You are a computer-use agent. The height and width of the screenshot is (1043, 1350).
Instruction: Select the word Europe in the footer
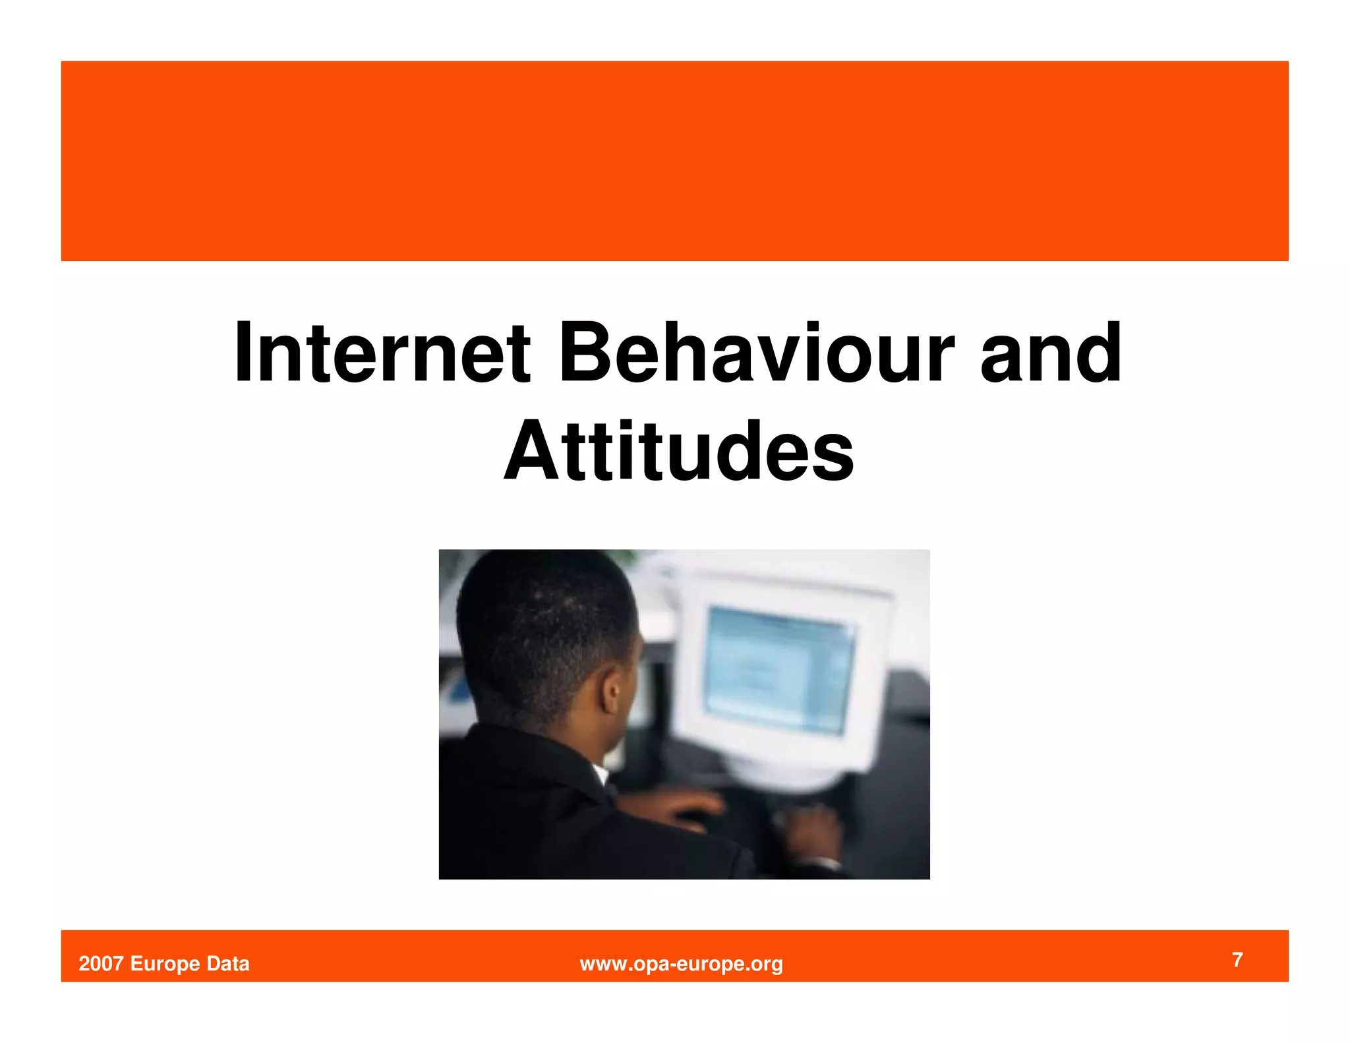coord(165,964)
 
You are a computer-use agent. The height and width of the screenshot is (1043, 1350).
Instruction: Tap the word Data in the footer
coord(228,964)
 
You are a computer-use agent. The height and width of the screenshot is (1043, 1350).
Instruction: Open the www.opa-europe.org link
coord(681,964)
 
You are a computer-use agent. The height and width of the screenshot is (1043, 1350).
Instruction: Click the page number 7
coord(1237,960)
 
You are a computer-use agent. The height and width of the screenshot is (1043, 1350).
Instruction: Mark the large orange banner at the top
coord(674,161)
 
